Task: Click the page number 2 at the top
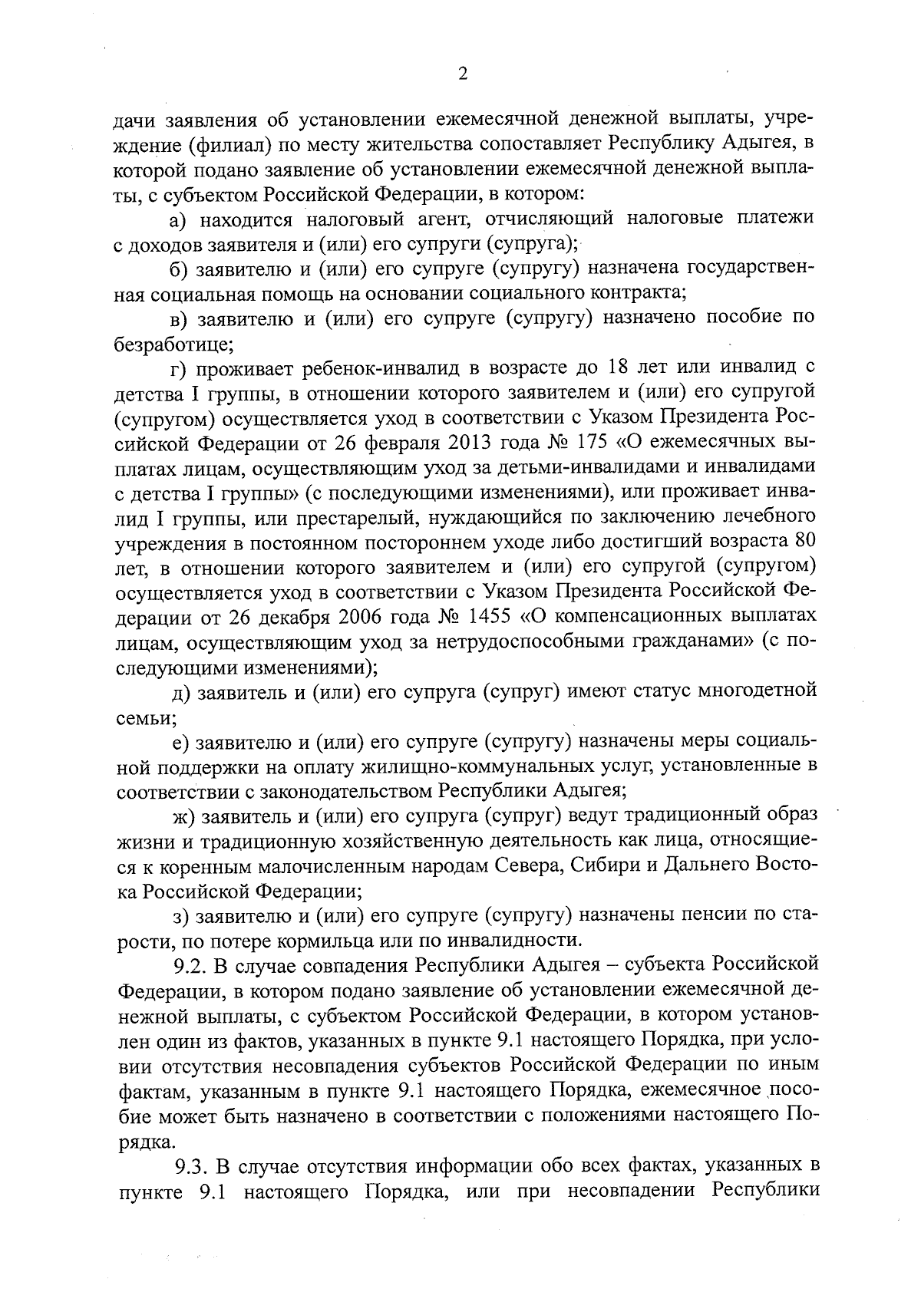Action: (x=462, y=74)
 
